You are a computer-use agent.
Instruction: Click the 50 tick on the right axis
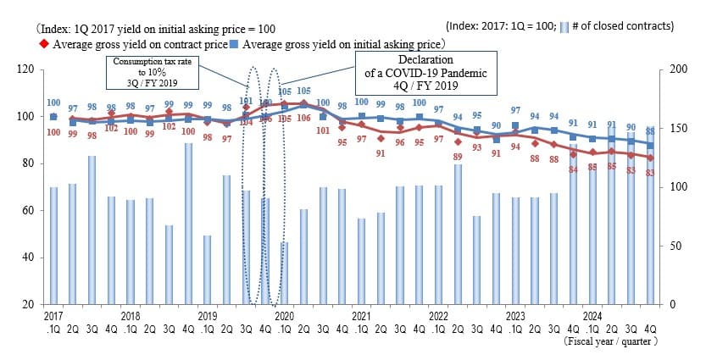pyautogui.click(x=675, y=246)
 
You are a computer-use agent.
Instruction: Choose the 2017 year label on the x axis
pyautogui.click(x=53, y=315)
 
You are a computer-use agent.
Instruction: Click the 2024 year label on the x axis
pyautogui.click(x=592, y=315)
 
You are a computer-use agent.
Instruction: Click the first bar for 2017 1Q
pyautogui.click(x=53, y=246)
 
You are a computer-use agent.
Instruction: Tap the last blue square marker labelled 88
pyautogui.click(x=651, y=145)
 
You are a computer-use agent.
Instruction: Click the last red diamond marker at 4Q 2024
pyautogui.click(x=651, y=158)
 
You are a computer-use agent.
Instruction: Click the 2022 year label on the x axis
pyautogui.click(x=439, y=315)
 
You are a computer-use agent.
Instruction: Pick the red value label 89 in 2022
pyautogui.click(x=459, y=157)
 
